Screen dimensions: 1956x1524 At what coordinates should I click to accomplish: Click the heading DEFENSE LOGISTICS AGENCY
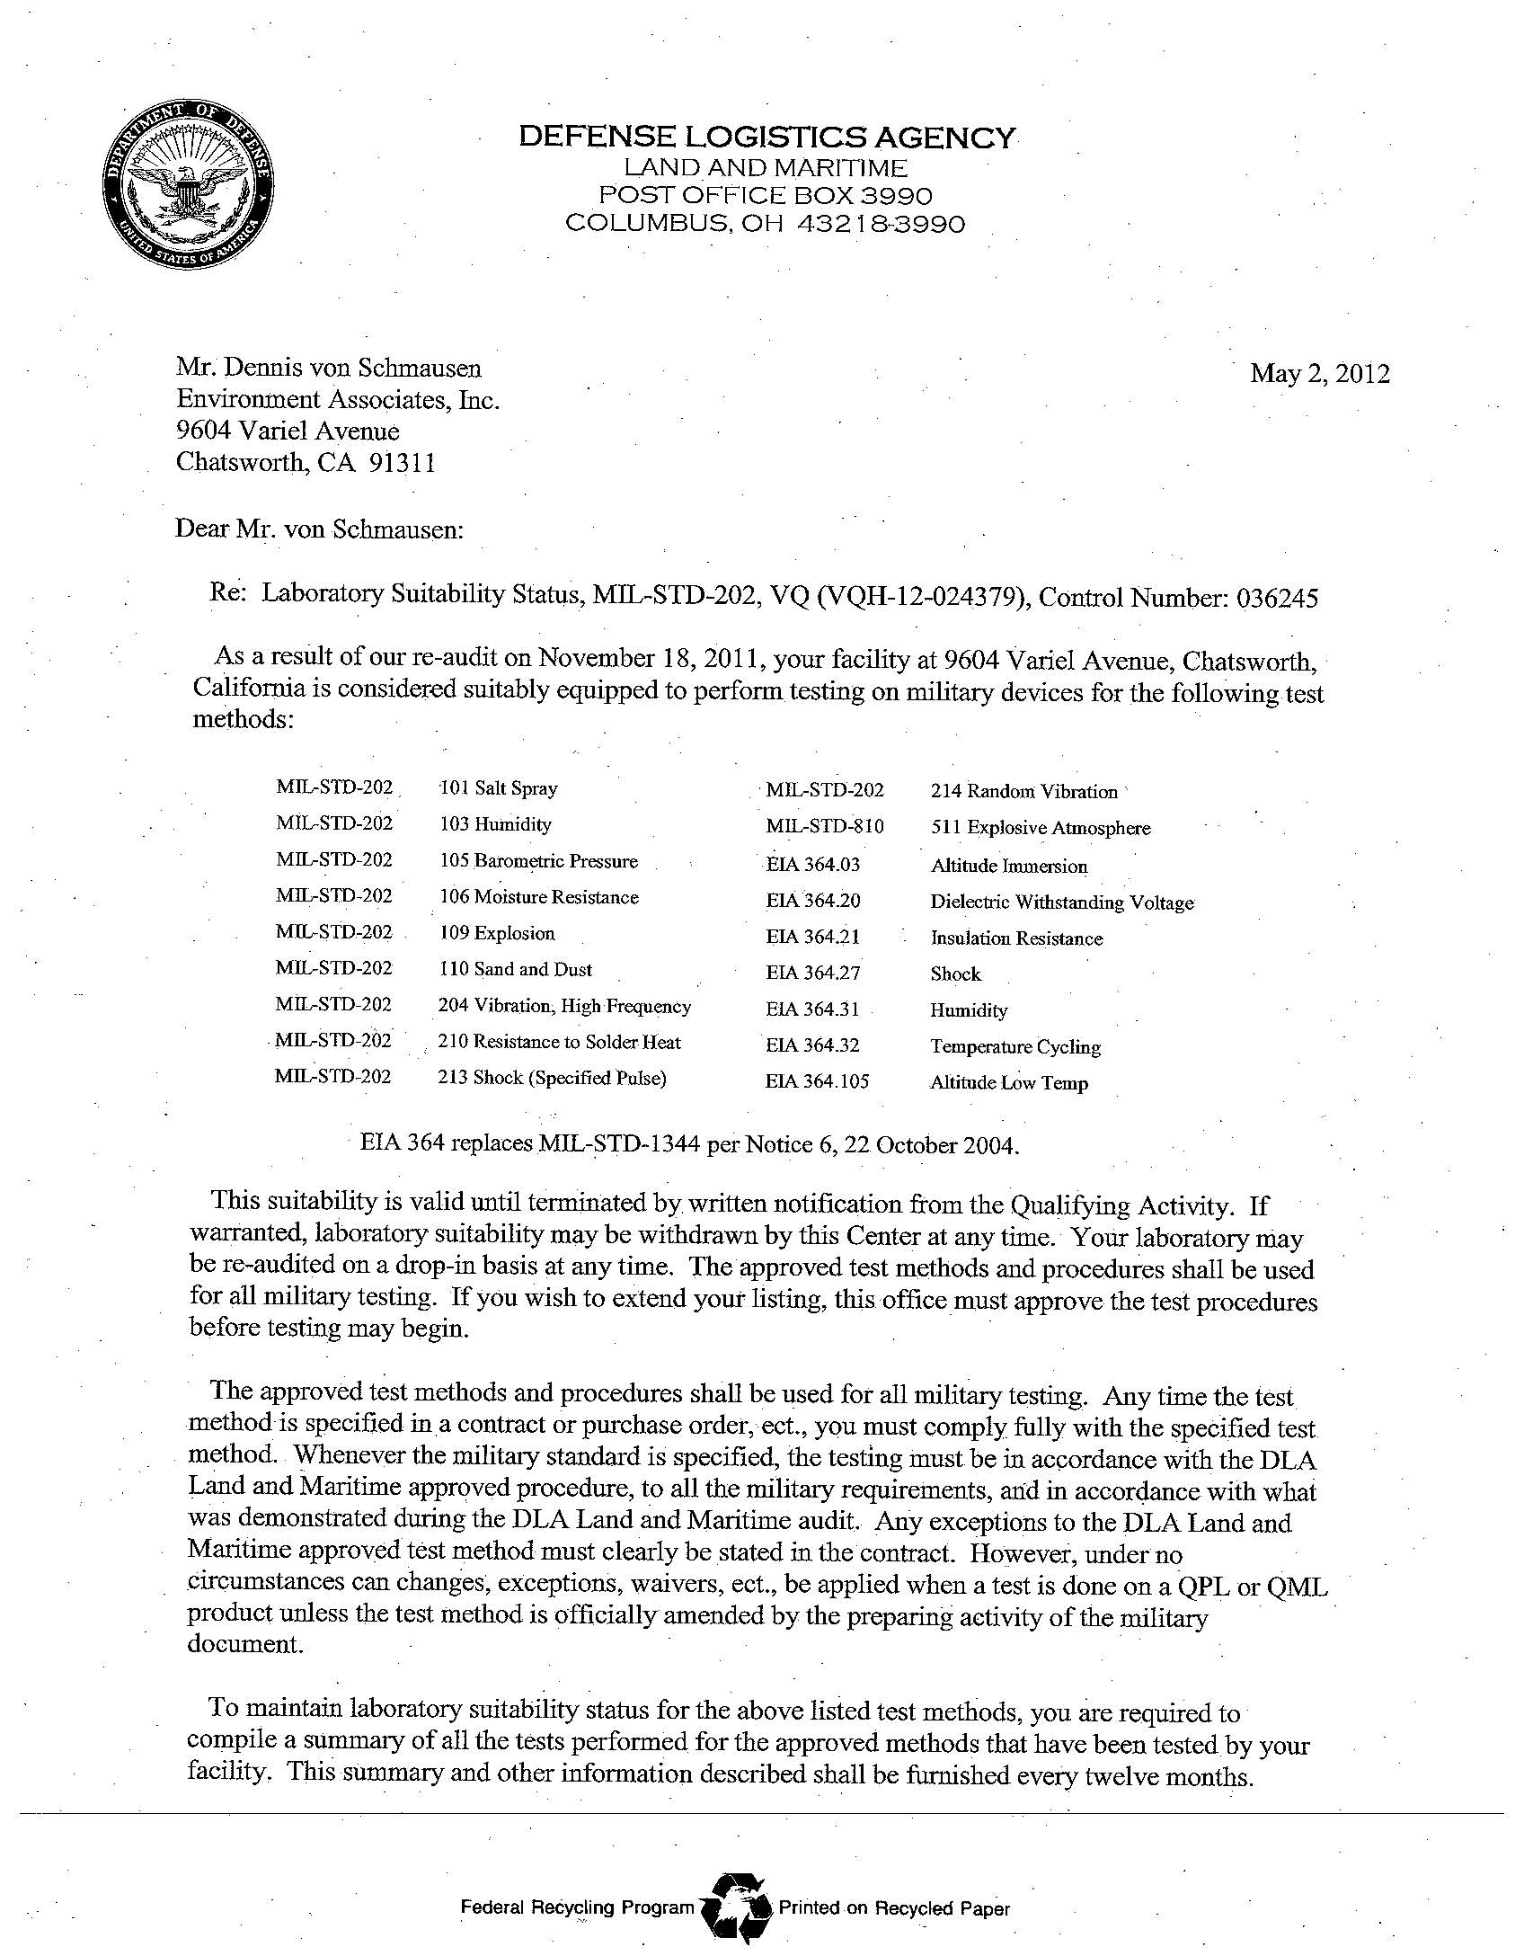(766, 138)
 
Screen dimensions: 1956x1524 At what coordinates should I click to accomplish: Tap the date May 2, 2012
(1319, 374)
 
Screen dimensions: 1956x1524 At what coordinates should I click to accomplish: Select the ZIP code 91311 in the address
(403, 463)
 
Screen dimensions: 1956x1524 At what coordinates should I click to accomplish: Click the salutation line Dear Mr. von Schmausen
(319, 529)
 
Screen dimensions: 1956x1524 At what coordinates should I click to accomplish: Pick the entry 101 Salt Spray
(498, 788)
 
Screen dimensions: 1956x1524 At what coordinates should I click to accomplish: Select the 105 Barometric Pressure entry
(538, 861)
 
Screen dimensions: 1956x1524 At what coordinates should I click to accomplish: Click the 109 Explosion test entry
(497, 933)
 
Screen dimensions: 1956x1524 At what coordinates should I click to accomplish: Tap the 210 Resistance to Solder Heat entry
(559, 1042)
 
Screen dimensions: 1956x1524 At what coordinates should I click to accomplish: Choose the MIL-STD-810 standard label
(825, 827)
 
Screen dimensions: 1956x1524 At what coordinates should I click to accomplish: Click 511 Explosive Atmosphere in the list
(1041, 828)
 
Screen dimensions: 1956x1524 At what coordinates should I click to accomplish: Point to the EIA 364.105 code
(818, 1081)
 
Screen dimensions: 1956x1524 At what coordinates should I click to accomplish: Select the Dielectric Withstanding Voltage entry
(1062, 902)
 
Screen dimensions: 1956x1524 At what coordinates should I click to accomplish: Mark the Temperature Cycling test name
(1015, 1046)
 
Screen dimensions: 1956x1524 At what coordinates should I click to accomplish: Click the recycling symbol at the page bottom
(736, 1908)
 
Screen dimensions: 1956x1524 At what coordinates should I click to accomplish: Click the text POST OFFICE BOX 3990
(766, 195)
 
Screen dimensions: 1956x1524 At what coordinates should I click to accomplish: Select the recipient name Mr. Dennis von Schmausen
(329, 368)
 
